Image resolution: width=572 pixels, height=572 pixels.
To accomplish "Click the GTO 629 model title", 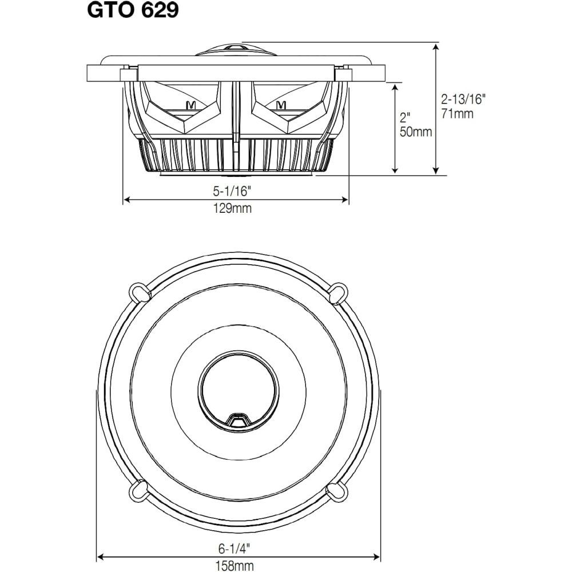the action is pos(133,10).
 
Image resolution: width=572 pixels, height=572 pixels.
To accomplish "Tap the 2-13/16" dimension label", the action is pos(463,99).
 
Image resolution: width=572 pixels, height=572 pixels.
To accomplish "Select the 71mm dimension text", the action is pos(458,114).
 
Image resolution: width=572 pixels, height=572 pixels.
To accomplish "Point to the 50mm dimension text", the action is pos(416,132).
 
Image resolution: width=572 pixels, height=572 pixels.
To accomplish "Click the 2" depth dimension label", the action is pos(406,117).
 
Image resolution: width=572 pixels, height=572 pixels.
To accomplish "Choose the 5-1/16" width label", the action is pos(233,190).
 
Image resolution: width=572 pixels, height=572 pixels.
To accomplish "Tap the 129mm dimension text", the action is pos(233,208).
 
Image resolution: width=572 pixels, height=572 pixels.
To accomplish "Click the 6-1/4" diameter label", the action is pos(234,548).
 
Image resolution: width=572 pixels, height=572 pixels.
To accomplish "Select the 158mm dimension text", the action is pos(235,566).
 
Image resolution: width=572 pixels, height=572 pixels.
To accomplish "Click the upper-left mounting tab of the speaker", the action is pos(140,293).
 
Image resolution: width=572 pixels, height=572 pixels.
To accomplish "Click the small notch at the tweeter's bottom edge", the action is pos(238,419).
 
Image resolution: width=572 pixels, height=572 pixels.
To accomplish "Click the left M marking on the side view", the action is pos(190,105).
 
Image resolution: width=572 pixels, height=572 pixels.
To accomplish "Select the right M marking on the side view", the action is pos(280,105).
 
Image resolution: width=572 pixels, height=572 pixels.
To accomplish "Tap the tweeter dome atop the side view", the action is pos(236,50).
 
